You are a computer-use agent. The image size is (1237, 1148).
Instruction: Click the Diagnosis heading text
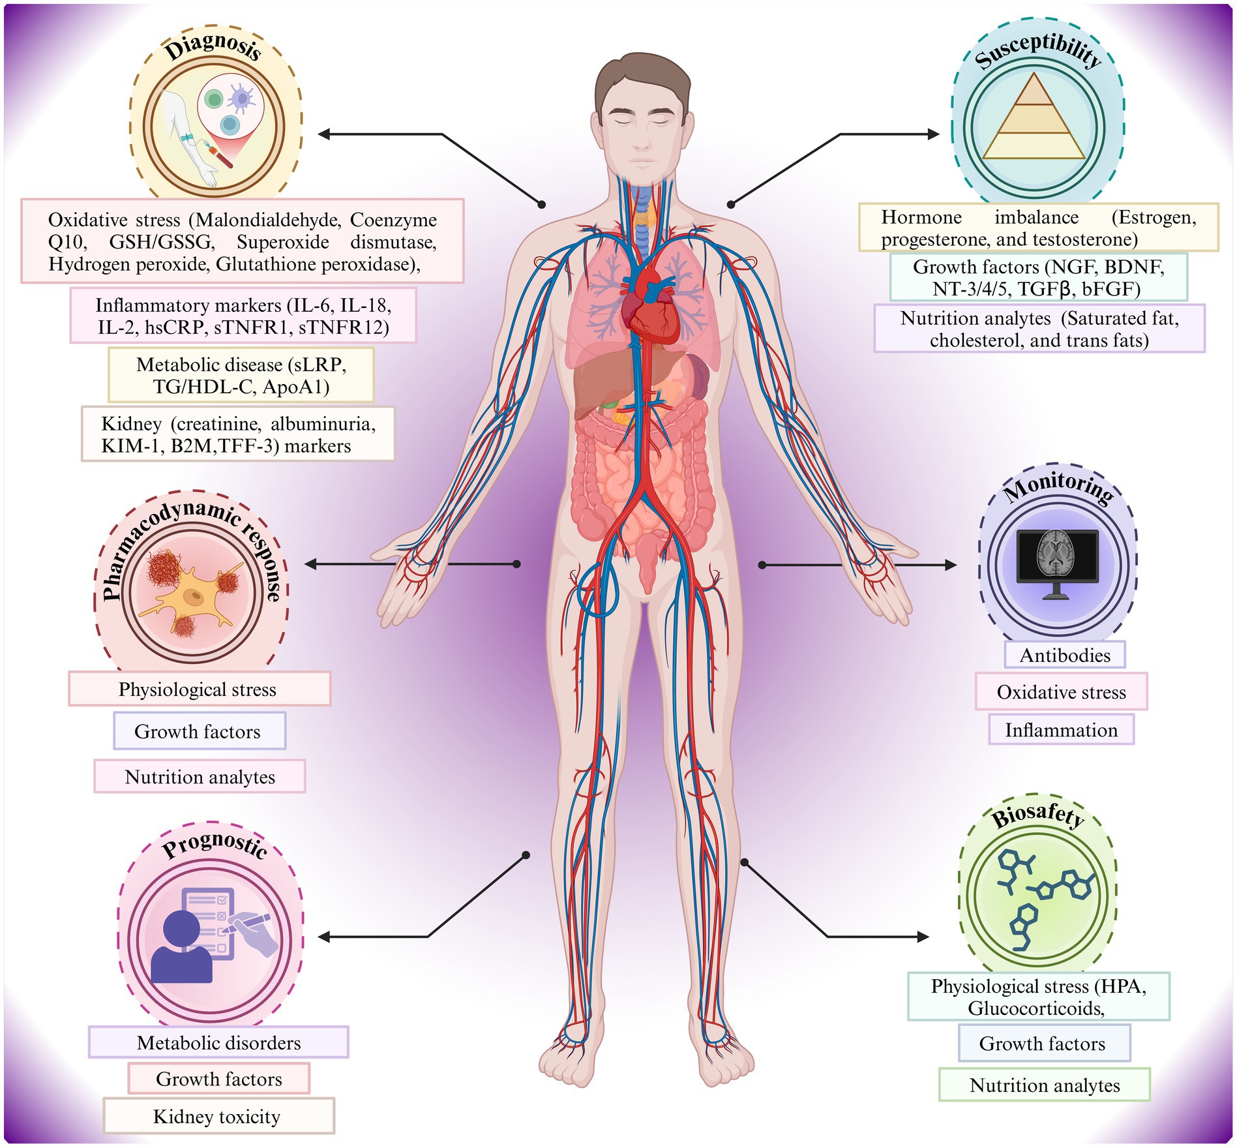213,47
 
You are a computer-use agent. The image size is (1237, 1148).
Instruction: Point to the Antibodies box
1064,655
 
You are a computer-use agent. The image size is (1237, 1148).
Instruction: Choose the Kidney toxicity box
218,1116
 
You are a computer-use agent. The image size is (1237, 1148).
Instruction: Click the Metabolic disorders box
218,1042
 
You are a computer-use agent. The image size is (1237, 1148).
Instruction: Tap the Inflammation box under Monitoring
1061,730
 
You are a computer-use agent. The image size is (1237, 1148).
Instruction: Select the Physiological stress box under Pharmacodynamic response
198,689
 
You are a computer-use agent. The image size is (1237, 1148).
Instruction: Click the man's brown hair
642,75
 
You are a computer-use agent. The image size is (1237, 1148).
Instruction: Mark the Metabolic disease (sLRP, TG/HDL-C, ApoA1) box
241,375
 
